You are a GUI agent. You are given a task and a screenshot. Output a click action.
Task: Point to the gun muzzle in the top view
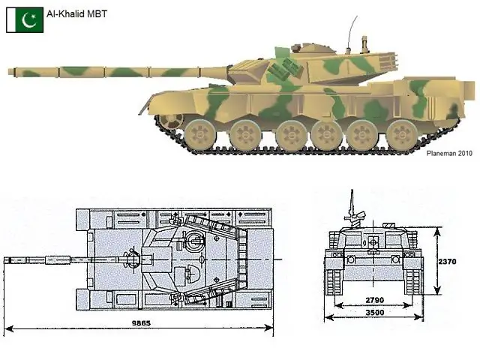[x=8, y=260]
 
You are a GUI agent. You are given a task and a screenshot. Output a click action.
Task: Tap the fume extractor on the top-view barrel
[x=55, y=260]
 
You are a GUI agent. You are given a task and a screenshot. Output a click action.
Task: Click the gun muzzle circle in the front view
[x=371, y=242]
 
